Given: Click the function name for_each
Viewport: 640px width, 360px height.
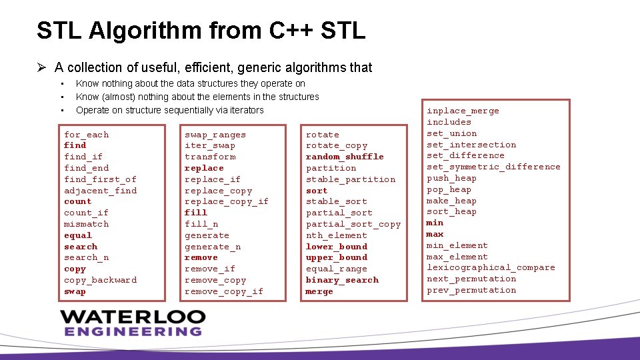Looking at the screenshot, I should [x=86, y=135].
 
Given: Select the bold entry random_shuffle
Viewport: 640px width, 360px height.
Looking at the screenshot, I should [x=345, y=157].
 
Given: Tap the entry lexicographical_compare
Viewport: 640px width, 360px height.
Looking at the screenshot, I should [x=491, y=267].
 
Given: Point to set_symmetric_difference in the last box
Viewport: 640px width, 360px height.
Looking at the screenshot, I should [x=493, y=167].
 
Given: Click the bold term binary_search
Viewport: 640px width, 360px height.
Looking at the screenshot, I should [x=342, y=280].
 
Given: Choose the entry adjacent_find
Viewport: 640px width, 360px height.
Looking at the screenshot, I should [x=100, y=191].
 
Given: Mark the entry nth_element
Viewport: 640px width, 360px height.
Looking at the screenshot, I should [x=337, y=235].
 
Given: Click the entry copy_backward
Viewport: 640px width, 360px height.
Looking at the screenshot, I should [x=100, y=280].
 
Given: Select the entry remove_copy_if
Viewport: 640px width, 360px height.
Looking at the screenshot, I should [x=224, y=291].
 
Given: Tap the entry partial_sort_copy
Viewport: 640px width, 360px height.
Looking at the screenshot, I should [x=353, y=224].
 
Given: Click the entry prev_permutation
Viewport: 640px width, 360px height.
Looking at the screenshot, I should [x=471, y=290].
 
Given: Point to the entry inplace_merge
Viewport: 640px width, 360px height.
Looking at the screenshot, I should [x=463, y=111].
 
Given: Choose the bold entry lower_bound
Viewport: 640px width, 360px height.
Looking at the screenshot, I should [x=337, y=247].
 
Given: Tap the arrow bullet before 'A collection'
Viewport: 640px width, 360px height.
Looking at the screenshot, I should [x=41, y=67].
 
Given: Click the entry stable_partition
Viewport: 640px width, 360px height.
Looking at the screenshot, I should [x=351, y=179].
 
